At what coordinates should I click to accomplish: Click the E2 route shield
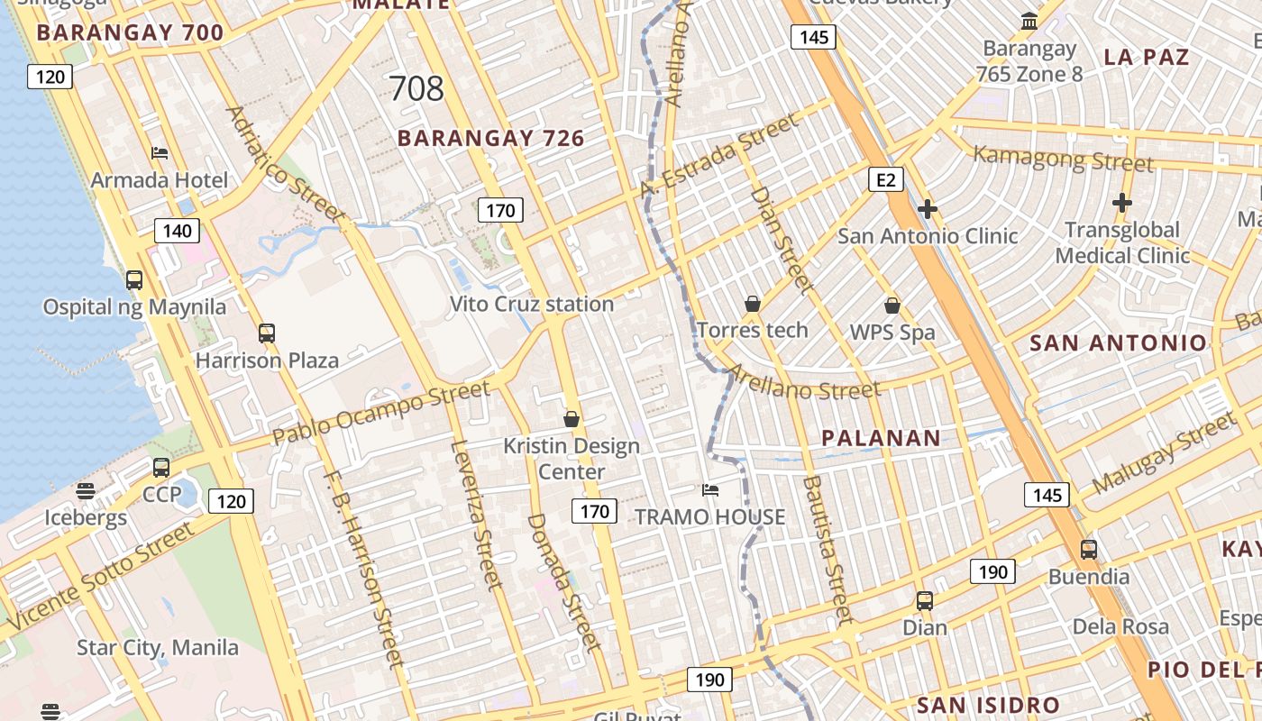886,180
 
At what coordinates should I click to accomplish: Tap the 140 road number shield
177,231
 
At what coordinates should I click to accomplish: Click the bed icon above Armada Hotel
160,153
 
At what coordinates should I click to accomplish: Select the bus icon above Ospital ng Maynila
134,280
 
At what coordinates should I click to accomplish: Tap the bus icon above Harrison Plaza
266,333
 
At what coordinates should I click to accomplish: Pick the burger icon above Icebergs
86,491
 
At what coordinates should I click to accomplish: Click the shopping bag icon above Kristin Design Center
571,419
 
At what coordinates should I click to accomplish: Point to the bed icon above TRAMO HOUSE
710,490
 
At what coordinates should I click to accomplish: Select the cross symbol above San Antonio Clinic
927,210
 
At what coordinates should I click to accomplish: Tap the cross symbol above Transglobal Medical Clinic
1121,204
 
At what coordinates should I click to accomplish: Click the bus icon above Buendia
1089,550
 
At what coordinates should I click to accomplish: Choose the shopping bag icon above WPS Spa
892,306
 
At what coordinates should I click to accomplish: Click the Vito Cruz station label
532,305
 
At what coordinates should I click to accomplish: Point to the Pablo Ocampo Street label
381,413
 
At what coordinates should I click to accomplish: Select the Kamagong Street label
1063,159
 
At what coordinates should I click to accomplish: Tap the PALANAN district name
881,439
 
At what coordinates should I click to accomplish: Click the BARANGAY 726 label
490,139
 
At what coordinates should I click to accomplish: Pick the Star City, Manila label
158,648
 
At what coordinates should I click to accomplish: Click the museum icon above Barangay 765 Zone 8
1029,21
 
